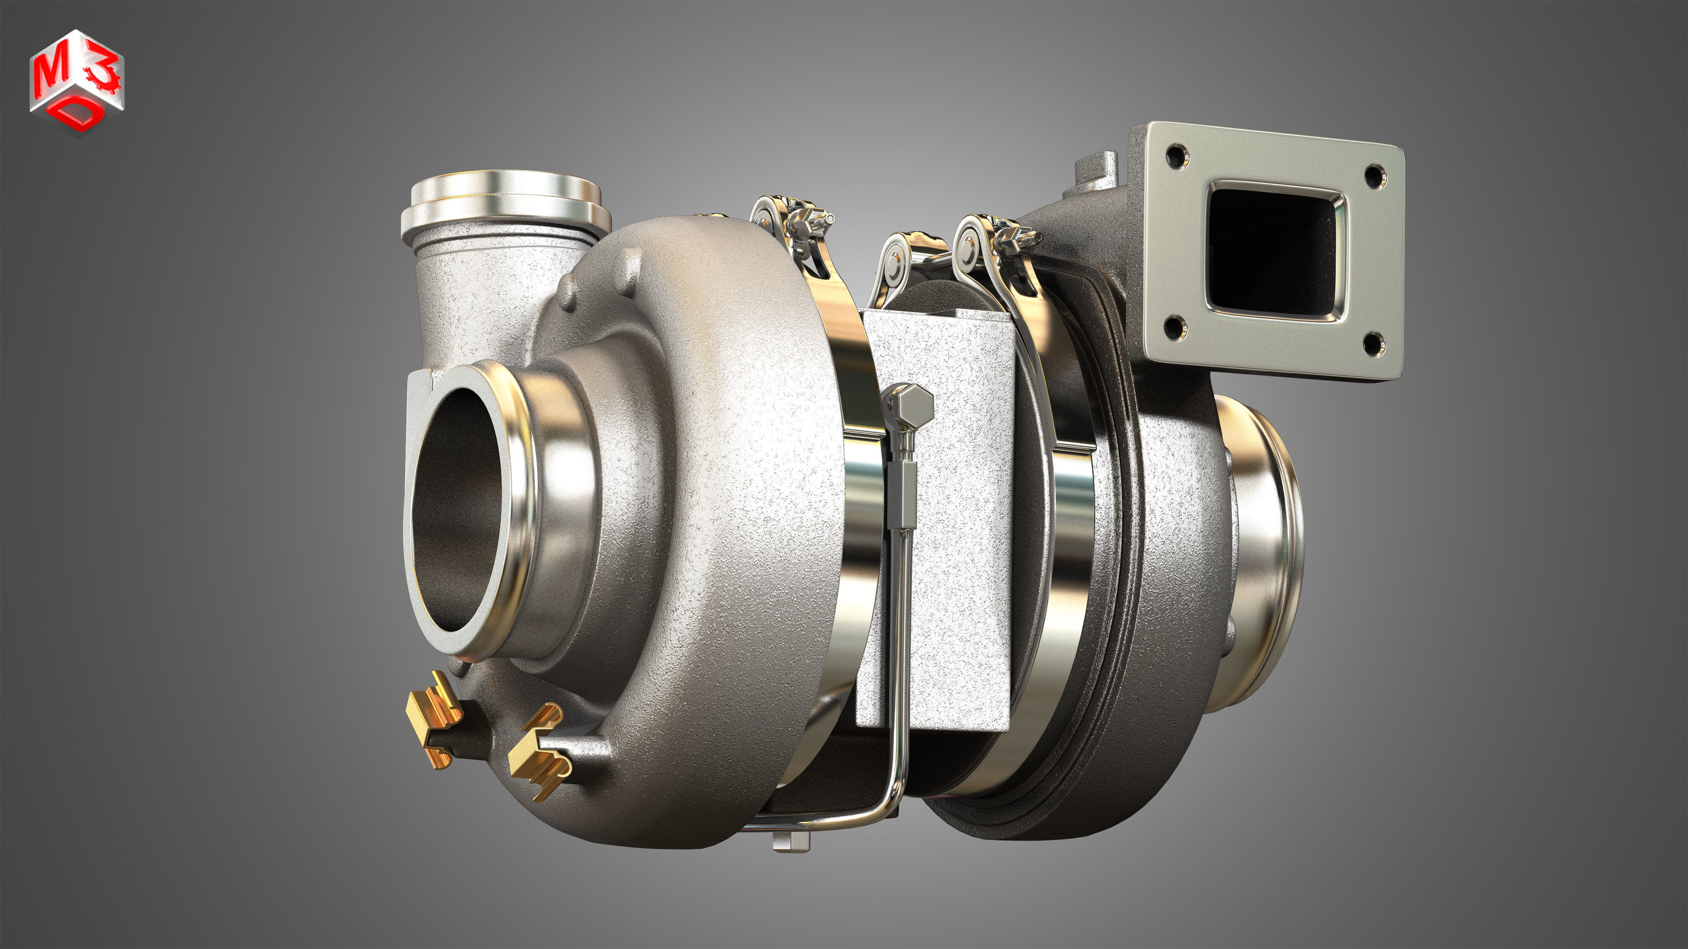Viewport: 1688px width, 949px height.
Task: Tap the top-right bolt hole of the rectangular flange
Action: click(1374, 174)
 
